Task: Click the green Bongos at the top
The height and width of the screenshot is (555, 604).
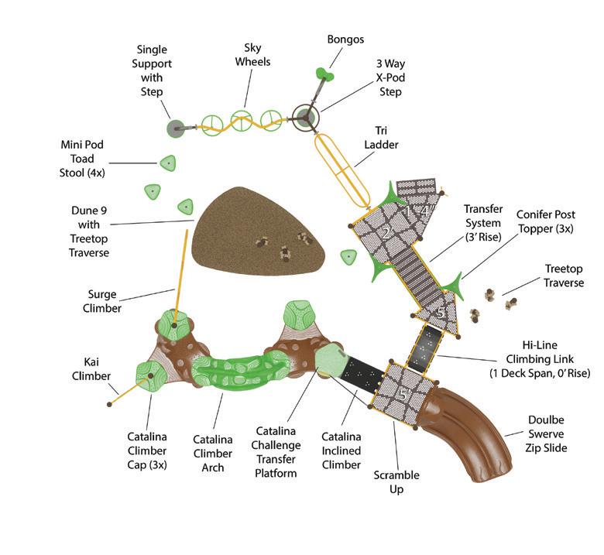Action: click(x=324, y=74)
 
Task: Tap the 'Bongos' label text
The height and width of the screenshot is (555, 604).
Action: click(x=345, y=39)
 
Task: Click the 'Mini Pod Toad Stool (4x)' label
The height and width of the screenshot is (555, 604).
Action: click(x=82, y=158)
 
